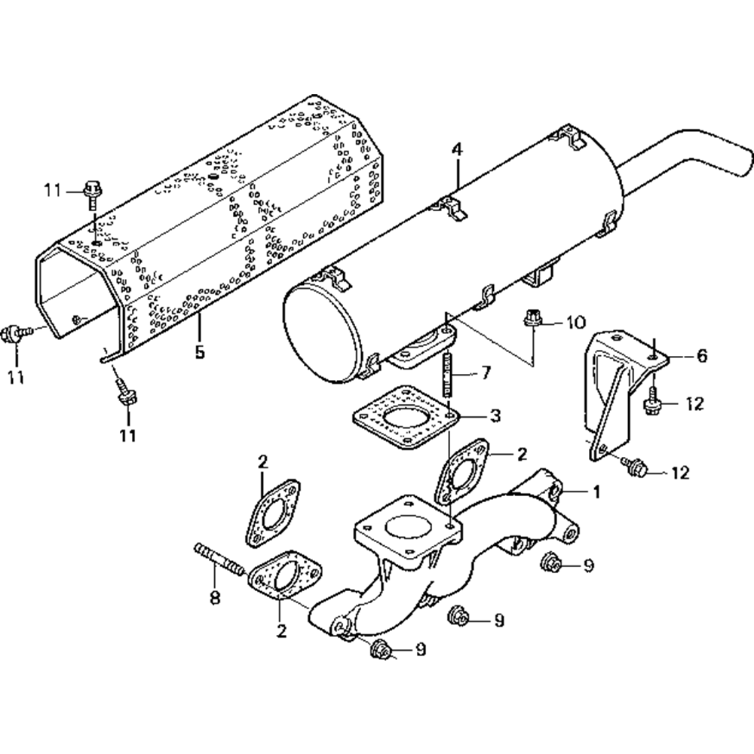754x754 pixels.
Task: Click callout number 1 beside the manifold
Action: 595,492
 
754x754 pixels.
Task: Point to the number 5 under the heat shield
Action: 199,351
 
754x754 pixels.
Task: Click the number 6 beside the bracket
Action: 701,356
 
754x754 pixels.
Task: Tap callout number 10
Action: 575,323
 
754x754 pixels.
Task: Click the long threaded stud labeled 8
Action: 219,561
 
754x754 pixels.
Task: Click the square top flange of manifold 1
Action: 407,529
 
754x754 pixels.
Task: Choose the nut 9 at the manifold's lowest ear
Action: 381,648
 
